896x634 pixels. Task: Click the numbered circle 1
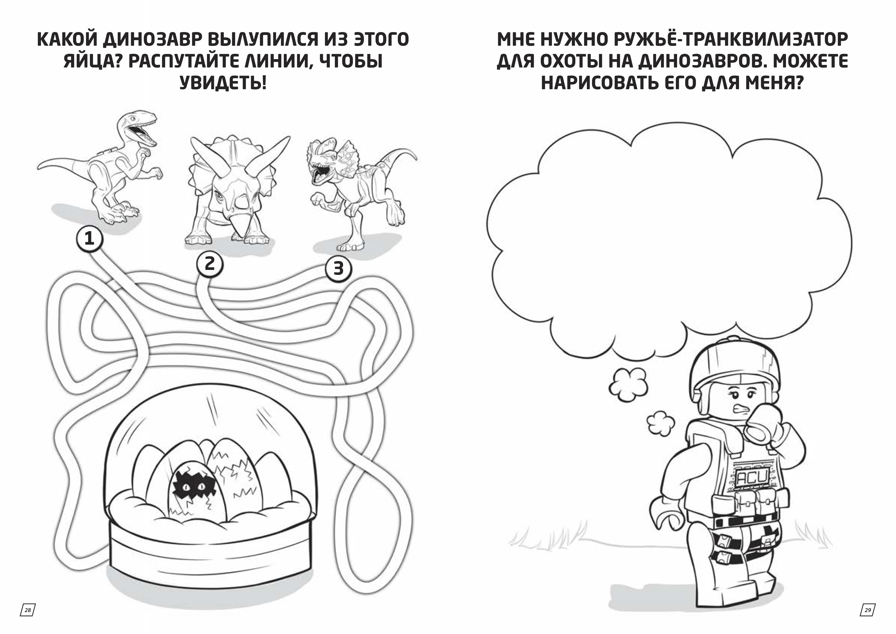click(x=89, y=239)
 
